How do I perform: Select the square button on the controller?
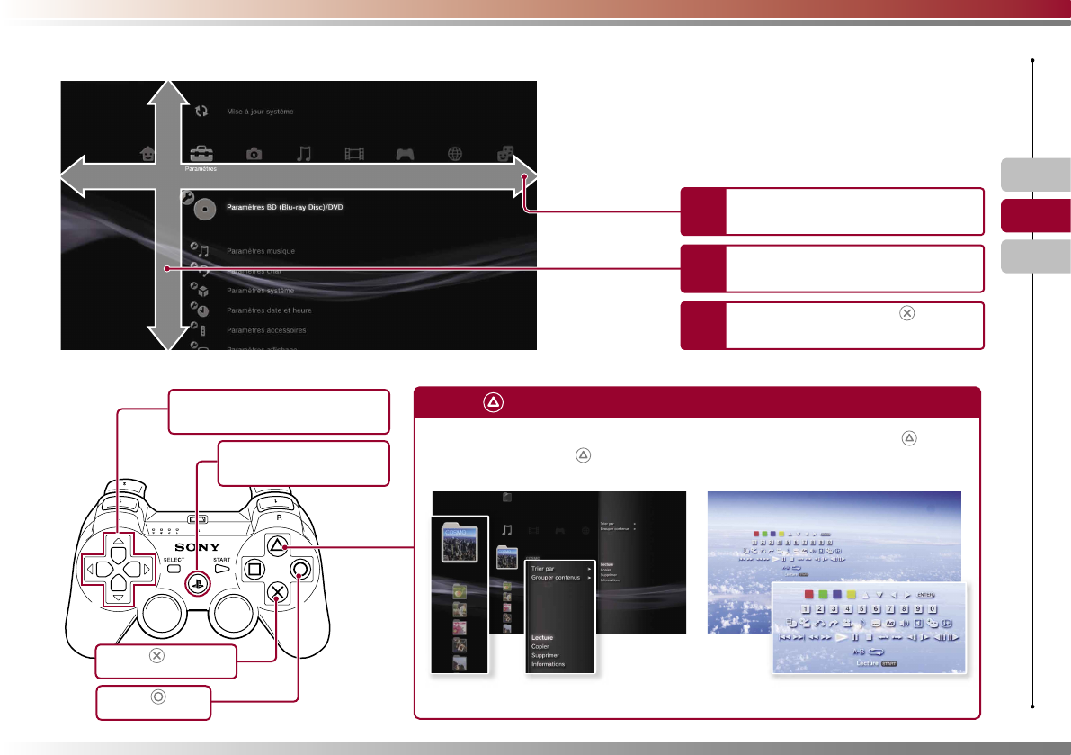(254, 568)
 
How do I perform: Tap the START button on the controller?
(222, 568)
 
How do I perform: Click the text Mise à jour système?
(260, 112)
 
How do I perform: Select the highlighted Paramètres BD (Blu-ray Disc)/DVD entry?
(285, 207)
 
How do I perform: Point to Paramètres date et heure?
(268, 310)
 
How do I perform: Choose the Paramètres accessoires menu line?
(266, 330)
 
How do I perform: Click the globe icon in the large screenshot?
(455, 153)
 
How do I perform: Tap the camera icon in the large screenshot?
(254, 154)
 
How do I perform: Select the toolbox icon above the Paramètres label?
(200, 153)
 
